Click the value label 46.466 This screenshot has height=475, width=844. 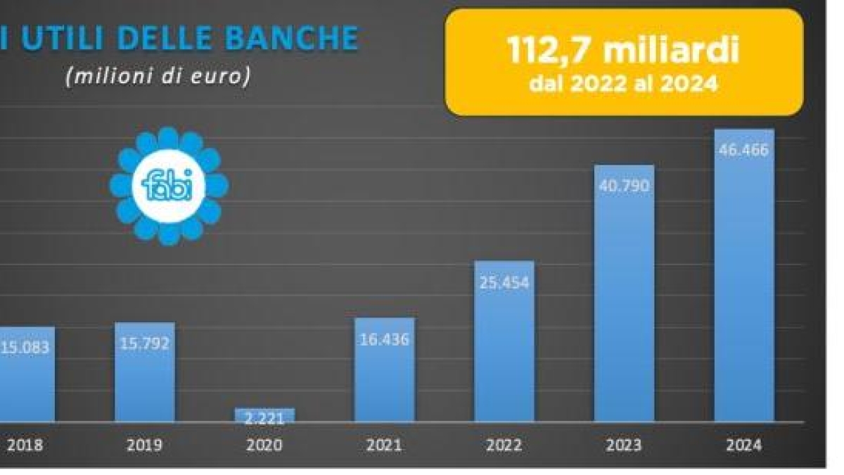point(744,150)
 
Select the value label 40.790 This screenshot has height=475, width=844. point(624,186)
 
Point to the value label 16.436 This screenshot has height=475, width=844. point(384,339)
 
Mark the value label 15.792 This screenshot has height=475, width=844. point(145,344)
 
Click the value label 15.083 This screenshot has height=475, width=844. point(25,348)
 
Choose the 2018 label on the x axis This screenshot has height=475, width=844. point(24,445)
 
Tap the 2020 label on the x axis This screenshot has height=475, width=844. point(264,445)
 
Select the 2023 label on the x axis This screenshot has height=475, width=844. point(624,445)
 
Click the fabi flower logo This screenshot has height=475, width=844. point(169,186)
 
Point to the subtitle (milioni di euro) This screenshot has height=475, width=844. point(158,77)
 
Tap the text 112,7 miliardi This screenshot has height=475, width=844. point(623,51)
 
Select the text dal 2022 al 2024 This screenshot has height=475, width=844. point(623,84)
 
